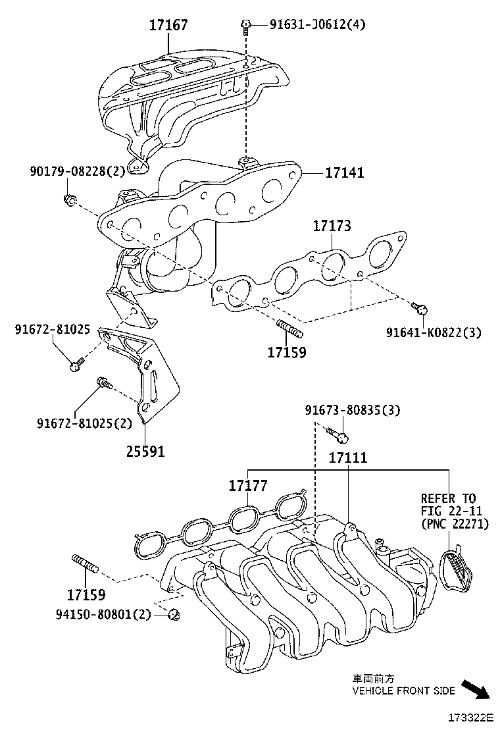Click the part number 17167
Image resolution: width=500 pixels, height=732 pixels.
point(168,26)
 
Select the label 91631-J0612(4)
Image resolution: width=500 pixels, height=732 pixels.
point(317,25)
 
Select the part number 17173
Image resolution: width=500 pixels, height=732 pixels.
point(332,226)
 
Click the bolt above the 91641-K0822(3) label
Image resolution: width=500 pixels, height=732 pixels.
point(421,307)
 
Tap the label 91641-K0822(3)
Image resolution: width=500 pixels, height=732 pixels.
point(434,332)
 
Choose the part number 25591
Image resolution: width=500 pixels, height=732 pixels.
point(145,452)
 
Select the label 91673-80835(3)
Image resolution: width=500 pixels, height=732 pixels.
point(352,410)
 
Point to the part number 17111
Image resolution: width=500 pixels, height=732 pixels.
point(348,457)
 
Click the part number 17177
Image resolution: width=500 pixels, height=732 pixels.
point(248,486)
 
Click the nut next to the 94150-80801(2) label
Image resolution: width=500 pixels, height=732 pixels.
point(174,615)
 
